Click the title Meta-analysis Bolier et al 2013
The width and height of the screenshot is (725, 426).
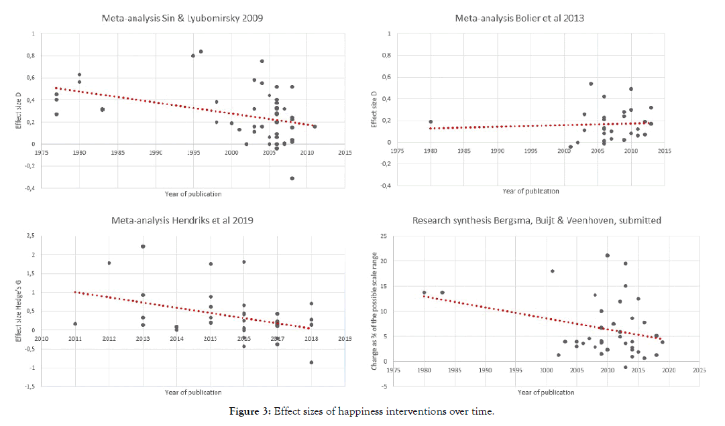pos(519,18)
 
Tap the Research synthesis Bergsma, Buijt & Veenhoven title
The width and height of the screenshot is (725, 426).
pos(537,220)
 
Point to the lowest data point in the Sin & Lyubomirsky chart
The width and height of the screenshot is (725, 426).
pos(292,178)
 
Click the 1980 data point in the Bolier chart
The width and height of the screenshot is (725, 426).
pos(431,122)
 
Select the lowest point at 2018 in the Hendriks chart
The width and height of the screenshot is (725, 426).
pos(311,362)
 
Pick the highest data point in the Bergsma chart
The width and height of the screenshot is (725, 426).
pos(607,255)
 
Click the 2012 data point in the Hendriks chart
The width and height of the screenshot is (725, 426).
pos(109,263)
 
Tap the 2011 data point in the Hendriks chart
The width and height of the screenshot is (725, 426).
pos(75,324)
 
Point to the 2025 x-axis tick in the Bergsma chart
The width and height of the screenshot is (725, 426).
pos(700,370)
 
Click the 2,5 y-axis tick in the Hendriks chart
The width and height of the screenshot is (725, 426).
pos(30,236)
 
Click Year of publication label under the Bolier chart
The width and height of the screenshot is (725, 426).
pos(531,191)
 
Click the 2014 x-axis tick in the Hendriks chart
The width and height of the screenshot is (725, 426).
pos(176,339)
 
